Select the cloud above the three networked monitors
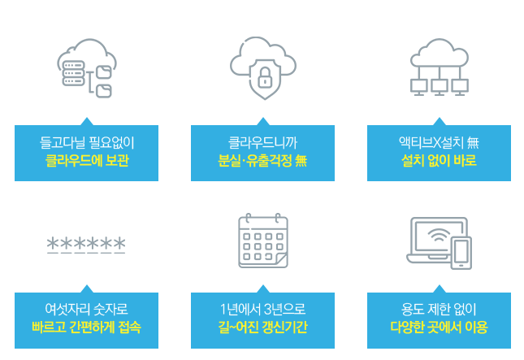(440, 51)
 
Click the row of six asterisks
(86, 245)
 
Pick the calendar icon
(262, 241)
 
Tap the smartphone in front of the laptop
(461, 253)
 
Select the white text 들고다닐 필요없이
(86, 144)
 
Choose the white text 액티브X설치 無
(439, 144)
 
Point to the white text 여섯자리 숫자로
(86, 310)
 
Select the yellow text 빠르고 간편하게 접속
(86, 327)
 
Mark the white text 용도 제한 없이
(439, 310)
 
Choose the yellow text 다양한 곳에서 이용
(439, 327)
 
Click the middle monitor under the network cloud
(440, 85)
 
